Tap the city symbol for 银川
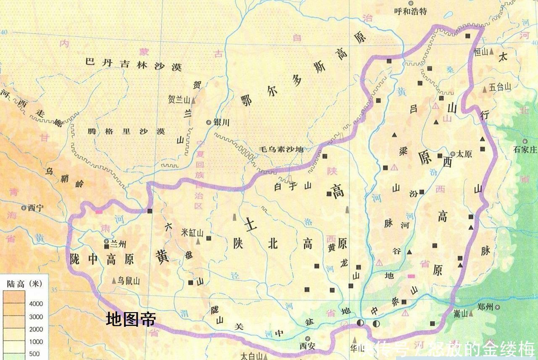click(208, 122)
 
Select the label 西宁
click(32, 208)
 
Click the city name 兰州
click(119, 242)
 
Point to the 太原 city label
click(464, 154)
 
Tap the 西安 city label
click(307, 346)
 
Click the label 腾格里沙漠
click(127, 131)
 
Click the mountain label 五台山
click(500, 87)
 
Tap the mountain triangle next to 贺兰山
click(193, 101)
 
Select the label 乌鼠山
click(129, 281)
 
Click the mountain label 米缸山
click(193, 233)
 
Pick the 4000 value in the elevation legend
click(36, 304)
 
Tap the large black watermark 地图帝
click(131, 320)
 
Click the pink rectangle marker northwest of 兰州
click(99, 212)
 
